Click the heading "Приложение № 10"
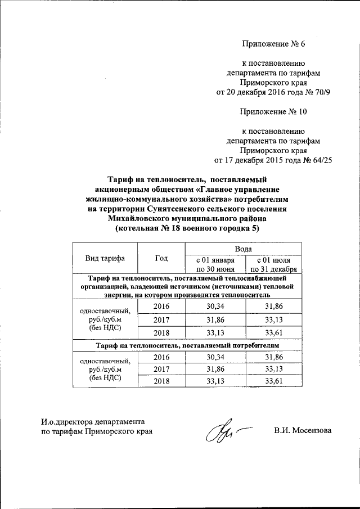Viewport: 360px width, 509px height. tap(274, 111)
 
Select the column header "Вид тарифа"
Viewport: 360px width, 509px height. tap(105, 258)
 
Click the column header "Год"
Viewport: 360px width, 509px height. tap(161, 258)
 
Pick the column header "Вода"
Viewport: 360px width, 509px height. tap(243, 248)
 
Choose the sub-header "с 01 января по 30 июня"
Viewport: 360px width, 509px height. tap(214, 264)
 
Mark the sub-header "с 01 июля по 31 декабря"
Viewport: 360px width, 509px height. tap(273, 264)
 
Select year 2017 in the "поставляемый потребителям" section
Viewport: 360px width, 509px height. tap(161, 369)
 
